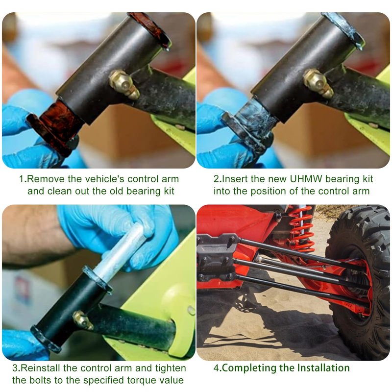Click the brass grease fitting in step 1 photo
click(124, 84)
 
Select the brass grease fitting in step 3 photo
click(83, 320)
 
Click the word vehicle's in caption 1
click(104, 179)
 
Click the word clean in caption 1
click(57, 191)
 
